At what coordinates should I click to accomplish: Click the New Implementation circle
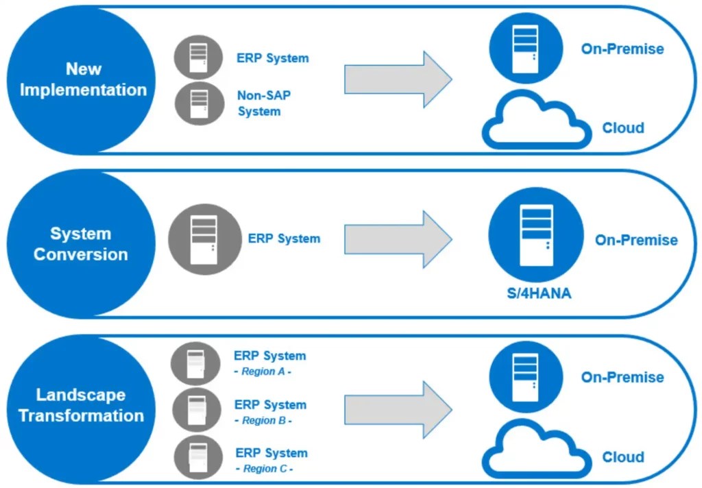(x=82, y=80)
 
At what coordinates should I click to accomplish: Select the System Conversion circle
(x=81, y=244)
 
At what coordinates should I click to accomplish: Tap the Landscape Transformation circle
(x=81, y=406)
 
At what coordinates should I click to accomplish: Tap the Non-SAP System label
(x=259, y=103)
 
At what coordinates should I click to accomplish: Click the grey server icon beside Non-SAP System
(x=199, y=103)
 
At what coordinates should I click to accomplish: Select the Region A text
(x=263, y=371)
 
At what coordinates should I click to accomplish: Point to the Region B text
(x=263, y=420)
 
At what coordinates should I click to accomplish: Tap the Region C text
(x=264, y=469)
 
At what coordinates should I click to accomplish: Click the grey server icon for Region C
(x=197, y=459)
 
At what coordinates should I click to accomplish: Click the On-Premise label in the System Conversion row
(x=636, y=241)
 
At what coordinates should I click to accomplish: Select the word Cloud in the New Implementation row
(x=623, y=128)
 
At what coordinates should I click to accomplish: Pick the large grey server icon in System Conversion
(x=205, y=239)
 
